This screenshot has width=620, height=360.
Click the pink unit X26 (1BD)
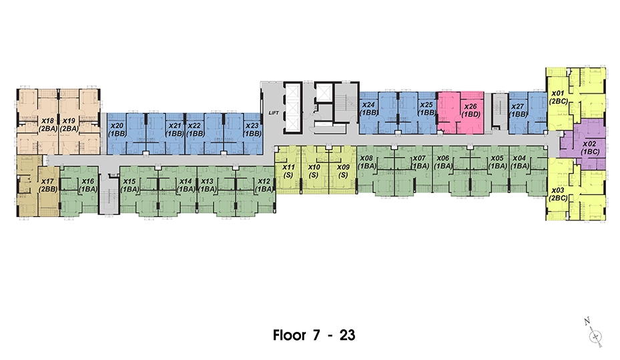pos(460,113)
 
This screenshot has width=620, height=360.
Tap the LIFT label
pos(274,113)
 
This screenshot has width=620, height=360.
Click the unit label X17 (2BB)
pos(48,185)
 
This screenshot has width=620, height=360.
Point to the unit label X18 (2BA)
pos(48,125)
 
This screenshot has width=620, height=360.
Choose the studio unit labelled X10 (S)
pos(314,171)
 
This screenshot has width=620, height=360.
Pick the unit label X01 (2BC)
pos(559,98)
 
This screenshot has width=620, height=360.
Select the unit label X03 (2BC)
pos(559,194)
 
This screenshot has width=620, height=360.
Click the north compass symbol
pos(594,333)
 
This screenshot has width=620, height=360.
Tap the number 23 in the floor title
pos(347,335)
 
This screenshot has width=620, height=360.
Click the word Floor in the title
pos(290,335)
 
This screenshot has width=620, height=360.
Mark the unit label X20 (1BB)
pos(117,130)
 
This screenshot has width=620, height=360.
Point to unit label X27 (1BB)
pos(518,110)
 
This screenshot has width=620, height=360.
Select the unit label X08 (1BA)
pos(366,162)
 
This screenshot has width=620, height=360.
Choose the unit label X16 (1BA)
pos(88,185)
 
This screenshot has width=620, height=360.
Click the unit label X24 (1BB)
pos(368,109)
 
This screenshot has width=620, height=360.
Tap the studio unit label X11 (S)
pos(289,171)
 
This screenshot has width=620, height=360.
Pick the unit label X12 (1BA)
pos(264,185)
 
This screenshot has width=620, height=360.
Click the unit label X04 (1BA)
pos(519,162)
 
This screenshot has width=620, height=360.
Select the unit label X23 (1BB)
pos(253,130)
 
